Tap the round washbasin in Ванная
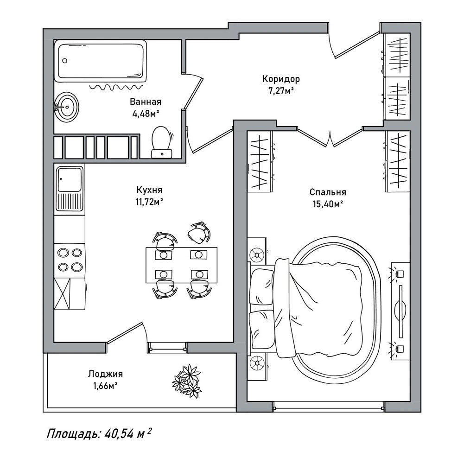pos(67,107)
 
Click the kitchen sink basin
pos(70,179)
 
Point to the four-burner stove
pos(70,260)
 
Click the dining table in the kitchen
pos(181,265)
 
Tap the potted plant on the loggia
pos(187,381)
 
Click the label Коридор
pos(281,79)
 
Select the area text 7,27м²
pos(281,90)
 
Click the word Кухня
pos(149,190)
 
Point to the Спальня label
pos(328,192)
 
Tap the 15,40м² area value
pos(328,204)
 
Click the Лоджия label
pos(105,374)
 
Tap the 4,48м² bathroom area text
pos(146,114)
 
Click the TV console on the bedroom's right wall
pos(400,311)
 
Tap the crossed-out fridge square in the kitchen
pos(62,293)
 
